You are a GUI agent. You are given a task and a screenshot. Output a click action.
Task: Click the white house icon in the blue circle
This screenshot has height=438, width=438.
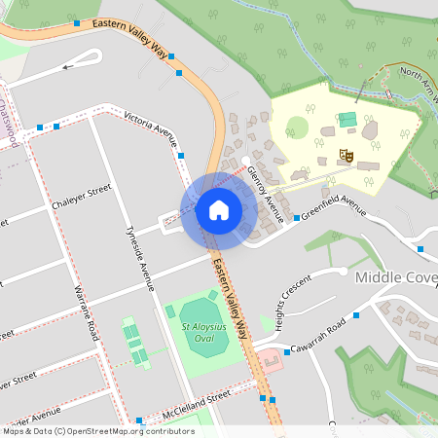[x=218, y=209]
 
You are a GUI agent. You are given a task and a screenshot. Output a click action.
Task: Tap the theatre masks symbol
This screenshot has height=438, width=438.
[x=344, y=154]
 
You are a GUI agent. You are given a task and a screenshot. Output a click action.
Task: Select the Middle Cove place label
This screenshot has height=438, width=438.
[x=395, y=277]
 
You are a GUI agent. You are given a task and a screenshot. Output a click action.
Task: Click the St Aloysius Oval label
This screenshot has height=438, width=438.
[x=198, y=334]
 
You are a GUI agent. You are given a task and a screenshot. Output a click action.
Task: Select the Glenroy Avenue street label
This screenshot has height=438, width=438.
[x=265, y=192]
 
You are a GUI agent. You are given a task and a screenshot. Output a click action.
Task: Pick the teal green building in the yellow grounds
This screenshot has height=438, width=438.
[x=347, y=120]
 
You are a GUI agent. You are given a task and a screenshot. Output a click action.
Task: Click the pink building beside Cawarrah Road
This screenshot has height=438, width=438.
[x=271, y=363]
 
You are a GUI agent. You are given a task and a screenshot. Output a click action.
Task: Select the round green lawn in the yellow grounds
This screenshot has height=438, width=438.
[x=297, y=128]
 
